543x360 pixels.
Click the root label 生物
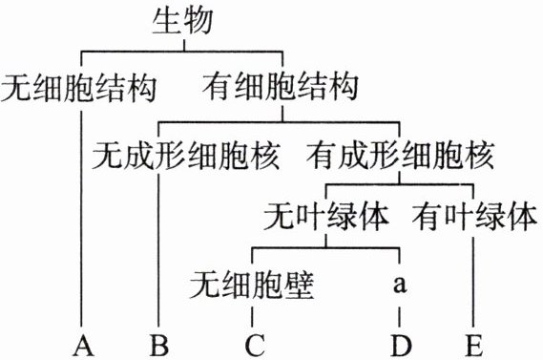182,20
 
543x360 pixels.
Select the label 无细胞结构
79,88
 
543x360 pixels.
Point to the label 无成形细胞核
186,156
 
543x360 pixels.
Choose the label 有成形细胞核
400,155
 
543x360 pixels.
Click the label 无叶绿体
326,217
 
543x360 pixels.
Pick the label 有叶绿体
475,217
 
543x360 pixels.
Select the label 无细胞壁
252,286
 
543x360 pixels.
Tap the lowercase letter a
400,285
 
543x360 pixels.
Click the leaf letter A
83,345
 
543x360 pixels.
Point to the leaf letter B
159,345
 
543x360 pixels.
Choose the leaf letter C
255,345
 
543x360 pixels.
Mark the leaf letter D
402,345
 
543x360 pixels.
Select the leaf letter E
474,345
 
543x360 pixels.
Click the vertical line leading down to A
82,219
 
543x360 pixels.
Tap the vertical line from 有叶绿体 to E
473,282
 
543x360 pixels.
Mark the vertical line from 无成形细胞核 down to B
158,250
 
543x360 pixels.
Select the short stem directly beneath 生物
184,45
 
